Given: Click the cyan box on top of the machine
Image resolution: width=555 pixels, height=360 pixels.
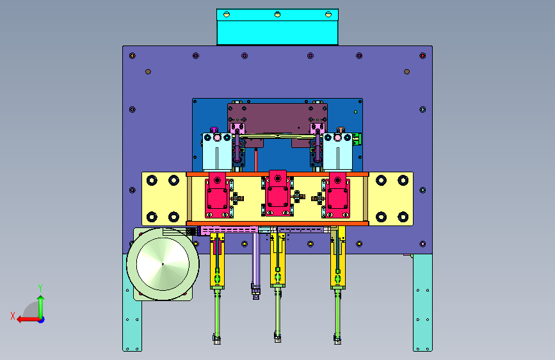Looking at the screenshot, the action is (277, 27).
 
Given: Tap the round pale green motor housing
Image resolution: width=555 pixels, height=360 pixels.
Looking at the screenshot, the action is (163, 264).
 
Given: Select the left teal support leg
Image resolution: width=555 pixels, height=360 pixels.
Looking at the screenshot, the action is (132, 303).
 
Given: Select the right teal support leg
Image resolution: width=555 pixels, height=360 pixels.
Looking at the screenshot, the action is (422, 302).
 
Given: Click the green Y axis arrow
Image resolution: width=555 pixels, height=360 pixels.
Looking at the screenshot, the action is (41, 307).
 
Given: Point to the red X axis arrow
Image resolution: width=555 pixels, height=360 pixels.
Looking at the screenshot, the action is (29, 320).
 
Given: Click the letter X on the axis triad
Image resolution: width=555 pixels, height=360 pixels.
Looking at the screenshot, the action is (13, 316).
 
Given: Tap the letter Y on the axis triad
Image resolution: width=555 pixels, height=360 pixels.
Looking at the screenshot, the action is (40, 288).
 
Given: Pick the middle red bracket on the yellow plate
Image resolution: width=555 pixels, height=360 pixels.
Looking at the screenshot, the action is (278, 193).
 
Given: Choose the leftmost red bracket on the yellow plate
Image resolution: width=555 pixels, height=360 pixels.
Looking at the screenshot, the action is (218, 195).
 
